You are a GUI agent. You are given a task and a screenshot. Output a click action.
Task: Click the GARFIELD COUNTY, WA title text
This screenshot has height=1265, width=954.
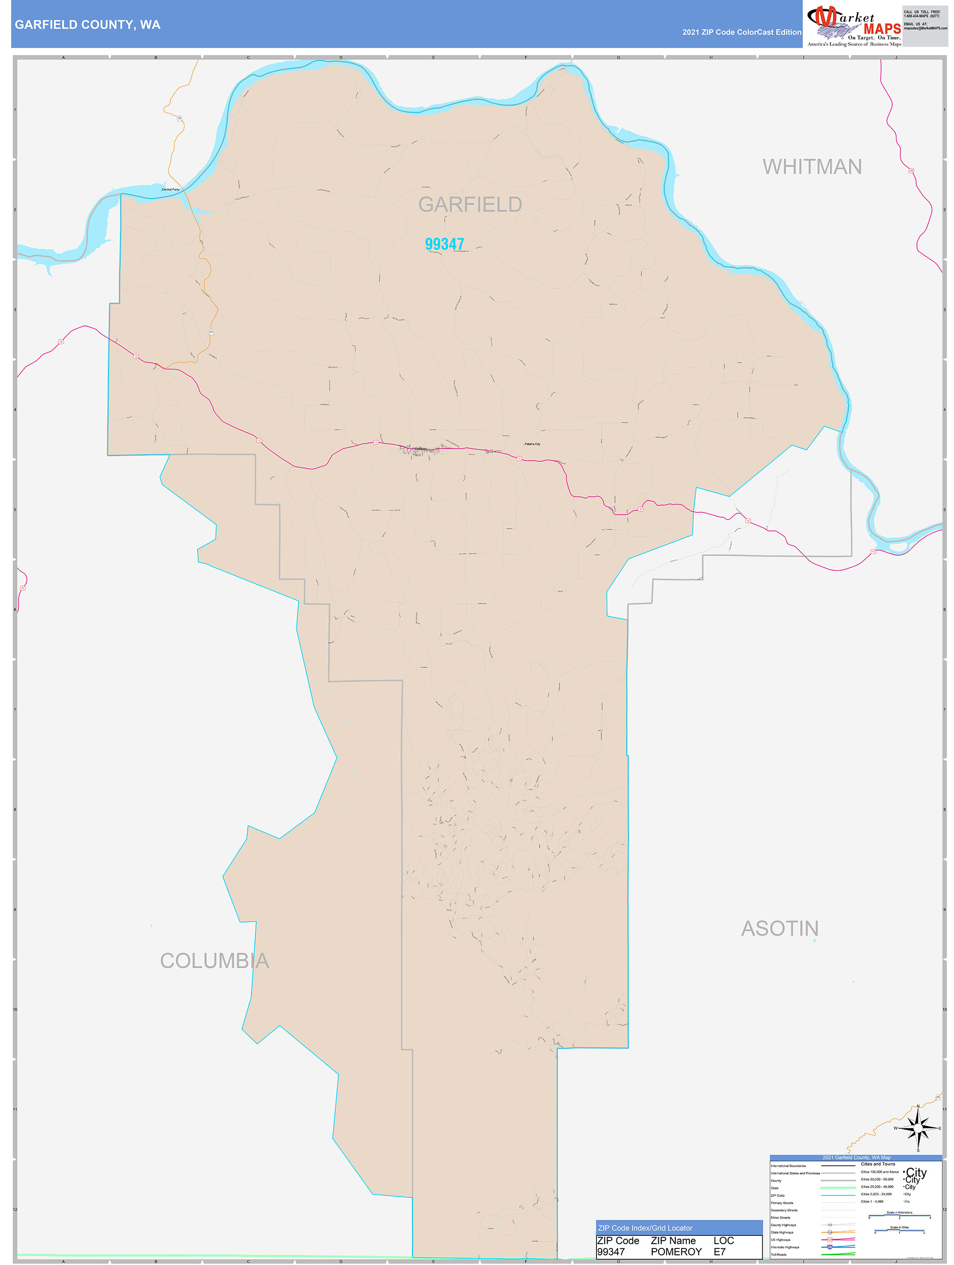(88, 25)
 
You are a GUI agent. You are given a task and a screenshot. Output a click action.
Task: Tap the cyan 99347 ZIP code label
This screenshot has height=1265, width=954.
(444, 244)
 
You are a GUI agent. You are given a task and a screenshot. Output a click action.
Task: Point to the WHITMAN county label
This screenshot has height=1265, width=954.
(811, 167)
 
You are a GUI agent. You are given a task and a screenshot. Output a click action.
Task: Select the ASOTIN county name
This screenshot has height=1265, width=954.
(779, 929)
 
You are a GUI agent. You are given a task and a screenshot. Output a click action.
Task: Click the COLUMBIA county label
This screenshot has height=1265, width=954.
(215, 961)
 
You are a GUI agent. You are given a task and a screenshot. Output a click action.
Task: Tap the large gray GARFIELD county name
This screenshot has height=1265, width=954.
(469, 204)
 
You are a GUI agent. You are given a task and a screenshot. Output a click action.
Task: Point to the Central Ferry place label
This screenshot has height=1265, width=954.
(170, 189)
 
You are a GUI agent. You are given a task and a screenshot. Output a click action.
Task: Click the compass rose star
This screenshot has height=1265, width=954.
(918, 1128)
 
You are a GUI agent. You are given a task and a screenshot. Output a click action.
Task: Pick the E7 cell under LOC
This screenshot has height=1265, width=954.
(719, 1252)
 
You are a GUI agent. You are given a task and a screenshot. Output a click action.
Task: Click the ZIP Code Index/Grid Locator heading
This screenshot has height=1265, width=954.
(645, 1228)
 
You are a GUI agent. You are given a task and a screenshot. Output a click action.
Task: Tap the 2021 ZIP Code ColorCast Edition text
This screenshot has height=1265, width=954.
(741, 32)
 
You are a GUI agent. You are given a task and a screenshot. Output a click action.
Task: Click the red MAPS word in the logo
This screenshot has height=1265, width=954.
(882, 29)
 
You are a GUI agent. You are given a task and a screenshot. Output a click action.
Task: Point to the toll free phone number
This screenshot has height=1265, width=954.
(921, 16)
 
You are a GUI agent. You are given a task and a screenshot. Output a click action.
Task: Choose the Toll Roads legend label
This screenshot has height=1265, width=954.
(778, 1255)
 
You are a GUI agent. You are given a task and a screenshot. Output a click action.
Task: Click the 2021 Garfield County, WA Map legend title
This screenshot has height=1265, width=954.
(856, 1157)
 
